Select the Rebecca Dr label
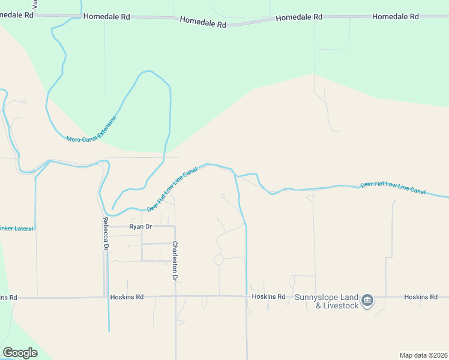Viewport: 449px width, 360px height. tap(105, 233)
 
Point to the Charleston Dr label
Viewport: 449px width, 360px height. tap(175, 261)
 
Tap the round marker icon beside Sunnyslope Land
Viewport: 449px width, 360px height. tap(368, 299)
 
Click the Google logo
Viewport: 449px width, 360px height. tap(20, 353)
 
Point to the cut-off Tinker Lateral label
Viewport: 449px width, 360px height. tap(17, 229)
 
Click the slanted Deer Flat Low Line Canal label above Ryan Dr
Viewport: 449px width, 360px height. tap(172, 189)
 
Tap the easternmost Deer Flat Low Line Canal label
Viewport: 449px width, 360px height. tap(393, 188)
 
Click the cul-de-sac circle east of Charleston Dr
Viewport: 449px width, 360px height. tap(218, 260)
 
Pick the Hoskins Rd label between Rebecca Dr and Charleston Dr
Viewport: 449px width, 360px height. tap(127, 297)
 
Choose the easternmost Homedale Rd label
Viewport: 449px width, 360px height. tap(395, 17)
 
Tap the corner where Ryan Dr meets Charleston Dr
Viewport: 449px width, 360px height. tap(175, 227)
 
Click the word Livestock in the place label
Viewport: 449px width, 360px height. tap(342, 306)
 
